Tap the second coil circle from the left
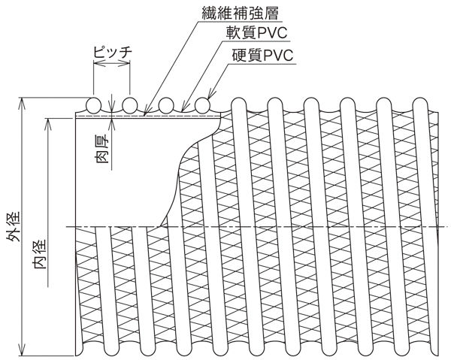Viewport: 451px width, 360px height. pos(130,104)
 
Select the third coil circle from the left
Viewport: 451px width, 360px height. pos(166,104)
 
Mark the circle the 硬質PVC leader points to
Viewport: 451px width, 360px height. pos(202,104)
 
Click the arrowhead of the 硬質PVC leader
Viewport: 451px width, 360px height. pos(208,97)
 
